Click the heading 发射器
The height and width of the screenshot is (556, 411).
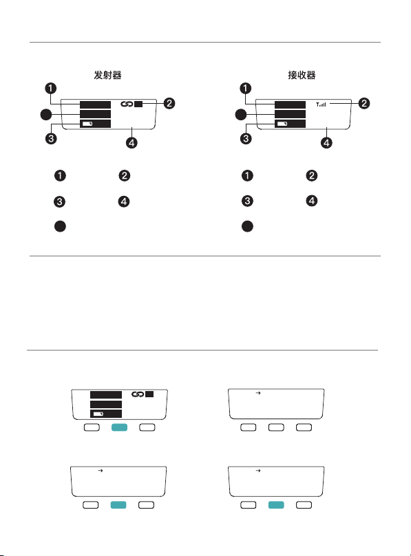tap(107, 75)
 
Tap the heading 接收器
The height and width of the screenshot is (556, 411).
tap(302, 75)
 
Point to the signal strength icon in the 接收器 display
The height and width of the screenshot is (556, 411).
tap(321, 104)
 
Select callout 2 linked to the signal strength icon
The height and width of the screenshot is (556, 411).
tap(364, 104)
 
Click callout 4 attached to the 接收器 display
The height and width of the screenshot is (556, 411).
tap(326, 143)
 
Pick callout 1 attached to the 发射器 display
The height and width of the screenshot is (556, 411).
tap(51, 88)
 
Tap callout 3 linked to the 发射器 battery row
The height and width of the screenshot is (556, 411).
tap(51, 138)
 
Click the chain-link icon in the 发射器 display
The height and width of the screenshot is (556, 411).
tap(127, 104)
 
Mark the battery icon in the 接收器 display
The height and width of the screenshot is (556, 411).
tap(282, 124)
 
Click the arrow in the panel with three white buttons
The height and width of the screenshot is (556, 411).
tap(258, 393)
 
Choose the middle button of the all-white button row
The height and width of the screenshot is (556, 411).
tap(276, 427)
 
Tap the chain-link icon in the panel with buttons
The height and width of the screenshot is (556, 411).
tap(138, 394)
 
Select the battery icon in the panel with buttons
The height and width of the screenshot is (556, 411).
tap(98, 414)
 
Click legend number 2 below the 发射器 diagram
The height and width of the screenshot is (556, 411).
tap(125, 175)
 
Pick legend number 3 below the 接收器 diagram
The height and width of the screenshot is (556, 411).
tap(247, 201)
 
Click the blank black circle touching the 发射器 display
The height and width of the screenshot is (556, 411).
tap(46, 115)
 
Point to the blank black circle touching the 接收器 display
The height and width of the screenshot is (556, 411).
tap(241, 115)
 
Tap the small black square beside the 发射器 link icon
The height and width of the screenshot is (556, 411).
tap(138, 104)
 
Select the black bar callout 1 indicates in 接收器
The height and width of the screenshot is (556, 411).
tap(290, 104)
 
